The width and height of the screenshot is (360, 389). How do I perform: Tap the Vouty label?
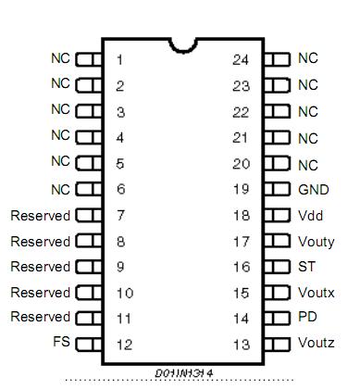[316, 241]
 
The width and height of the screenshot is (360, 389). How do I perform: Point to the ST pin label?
[305, 266]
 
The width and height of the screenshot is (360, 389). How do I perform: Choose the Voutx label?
[316, 292]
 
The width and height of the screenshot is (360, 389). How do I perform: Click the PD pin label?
[306, 317]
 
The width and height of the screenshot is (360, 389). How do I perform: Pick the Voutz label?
[316, 343]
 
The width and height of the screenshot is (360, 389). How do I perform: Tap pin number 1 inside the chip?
[120, 60]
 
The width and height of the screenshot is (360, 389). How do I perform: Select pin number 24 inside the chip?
[241, 60]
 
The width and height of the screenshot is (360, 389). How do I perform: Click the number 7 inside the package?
[120, 216]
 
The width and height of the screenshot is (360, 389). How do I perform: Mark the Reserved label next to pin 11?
[40, 317]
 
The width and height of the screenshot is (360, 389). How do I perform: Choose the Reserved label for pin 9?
[40, 266]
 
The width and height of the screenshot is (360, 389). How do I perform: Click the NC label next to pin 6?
[60, 189]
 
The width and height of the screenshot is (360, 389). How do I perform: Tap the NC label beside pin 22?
[307, 111]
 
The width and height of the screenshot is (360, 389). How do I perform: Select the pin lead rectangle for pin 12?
[88, 344]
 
